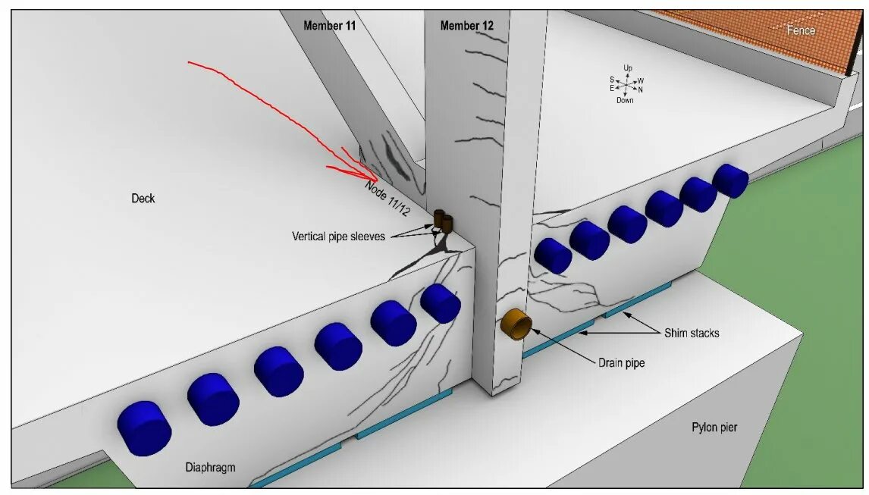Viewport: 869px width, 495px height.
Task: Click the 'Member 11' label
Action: click(329, 26)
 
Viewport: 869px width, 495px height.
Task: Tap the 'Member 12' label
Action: click(466, 26)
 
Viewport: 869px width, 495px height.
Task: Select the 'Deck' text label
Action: click(143, 199)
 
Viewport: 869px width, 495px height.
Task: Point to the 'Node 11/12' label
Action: click(387, 197)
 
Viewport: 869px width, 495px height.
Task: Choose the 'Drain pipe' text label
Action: click(620, 363)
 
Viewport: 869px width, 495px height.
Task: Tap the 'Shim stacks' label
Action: click(692, 333)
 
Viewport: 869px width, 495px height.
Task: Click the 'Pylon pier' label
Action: click(714, 428)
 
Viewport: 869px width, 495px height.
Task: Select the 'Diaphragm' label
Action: click(210, 468)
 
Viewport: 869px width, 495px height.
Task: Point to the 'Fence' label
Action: click(801, 30)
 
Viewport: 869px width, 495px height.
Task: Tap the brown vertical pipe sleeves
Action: click(443, 221)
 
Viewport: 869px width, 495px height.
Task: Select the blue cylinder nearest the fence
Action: click(730, 180)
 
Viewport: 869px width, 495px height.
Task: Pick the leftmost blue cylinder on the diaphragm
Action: click(144, 428)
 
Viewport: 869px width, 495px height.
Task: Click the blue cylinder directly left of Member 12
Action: click(440, 303)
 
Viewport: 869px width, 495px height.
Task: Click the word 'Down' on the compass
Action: click(625, 101)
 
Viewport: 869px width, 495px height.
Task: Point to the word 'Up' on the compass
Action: click(628, 68)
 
